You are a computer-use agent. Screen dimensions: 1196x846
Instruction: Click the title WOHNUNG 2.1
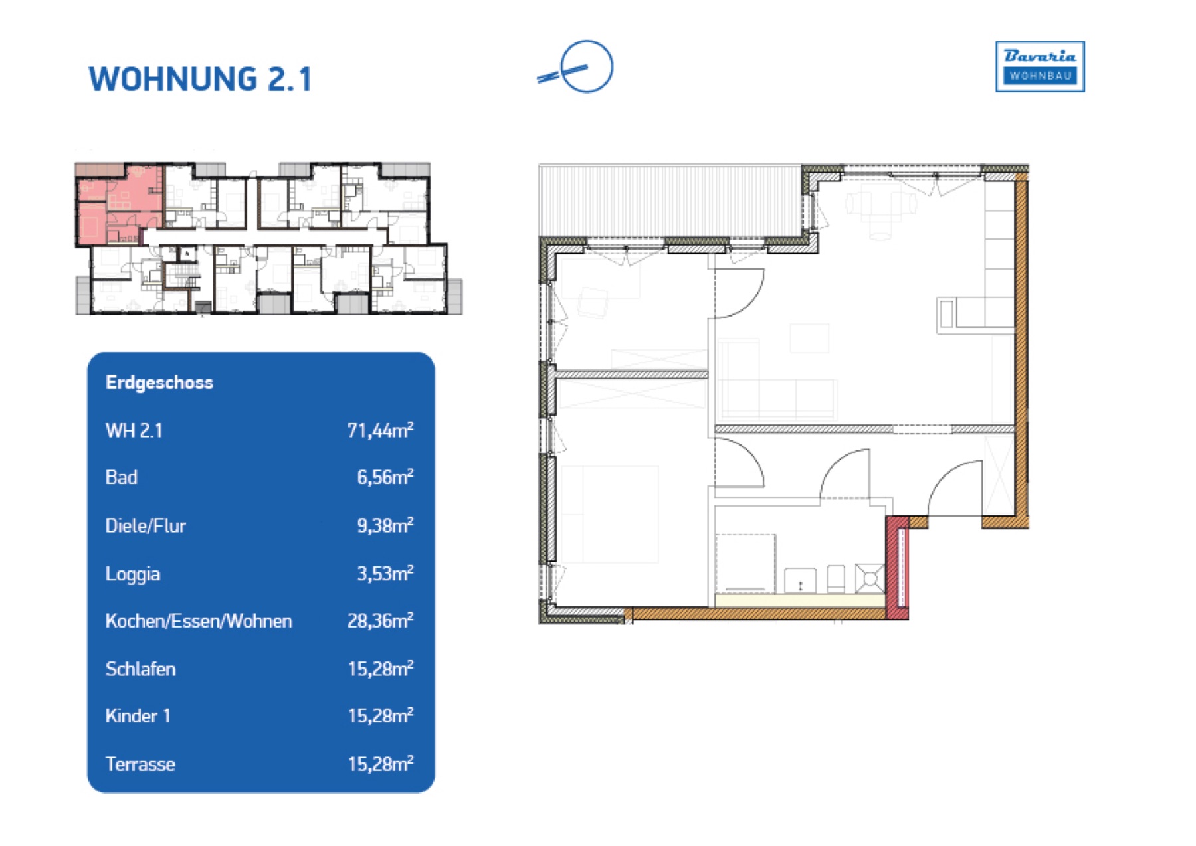tap(200, 79)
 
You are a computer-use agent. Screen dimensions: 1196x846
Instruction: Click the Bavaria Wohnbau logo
tap(1040, 66)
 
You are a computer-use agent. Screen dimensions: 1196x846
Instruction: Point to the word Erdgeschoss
tap(159, 382)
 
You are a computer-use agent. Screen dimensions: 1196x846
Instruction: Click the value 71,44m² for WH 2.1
tap(381, 430)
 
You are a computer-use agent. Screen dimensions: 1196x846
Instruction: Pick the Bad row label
tap(122, 477)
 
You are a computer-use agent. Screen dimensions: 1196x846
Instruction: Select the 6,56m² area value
tap(385, 477)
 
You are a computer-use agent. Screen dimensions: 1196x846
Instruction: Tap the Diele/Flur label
tap(146, 526)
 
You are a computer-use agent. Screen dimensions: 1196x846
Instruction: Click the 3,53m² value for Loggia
tap(385, 573)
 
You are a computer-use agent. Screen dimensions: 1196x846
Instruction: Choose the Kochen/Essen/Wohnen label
tap(199, 621)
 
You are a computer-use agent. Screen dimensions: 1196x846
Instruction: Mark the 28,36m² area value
tap(381, 620)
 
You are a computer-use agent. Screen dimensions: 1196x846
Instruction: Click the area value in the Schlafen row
tap(381, 668)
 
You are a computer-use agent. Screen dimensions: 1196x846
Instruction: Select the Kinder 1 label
tap(138, 716)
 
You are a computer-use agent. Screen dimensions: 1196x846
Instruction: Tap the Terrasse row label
tap(140, 764)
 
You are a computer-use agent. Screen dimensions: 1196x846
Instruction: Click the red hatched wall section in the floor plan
tap(898, 568)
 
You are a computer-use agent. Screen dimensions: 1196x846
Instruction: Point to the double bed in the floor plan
tap(610, 515)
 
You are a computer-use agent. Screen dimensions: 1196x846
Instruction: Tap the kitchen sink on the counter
tap(801, 580)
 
